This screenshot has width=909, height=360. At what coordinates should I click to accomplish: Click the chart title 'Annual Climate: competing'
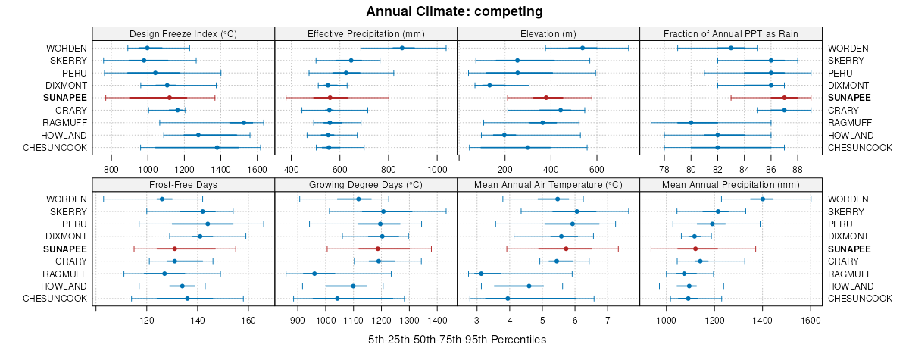tap(454, 11)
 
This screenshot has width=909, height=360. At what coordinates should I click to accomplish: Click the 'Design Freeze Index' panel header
tap(183, 33)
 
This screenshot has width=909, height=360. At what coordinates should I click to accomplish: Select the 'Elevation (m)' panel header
tap(548, 33)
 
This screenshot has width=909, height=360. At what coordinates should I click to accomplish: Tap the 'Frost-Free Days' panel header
tap(183, 184)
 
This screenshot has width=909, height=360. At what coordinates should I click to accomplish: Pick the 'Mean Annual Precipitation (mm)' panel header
tap(731, 184)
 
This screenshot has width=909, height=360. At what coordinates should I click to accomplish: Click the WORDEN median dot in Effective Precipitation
tap(402, 48)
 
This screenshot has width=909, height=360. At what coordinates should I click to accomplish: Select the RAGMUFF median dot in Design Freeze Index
tap(243, 123)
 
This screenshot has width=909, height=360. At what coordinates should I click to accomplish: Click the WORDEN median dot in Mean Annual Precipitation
tap(763, 199)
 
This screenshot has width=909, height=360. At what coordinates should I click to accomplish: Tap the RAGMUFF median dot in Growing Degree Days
tap(314, 274)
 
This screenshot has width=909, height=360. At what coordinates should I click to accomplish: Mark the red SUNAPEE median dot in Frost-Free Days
tap(175, 249)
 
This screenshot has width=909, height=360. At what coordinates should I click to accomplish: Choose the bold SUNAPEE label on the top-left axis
tap(65, 98)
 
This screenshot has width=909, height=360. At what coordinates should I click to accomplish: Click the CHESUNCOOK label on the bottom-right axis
tap(860, 299)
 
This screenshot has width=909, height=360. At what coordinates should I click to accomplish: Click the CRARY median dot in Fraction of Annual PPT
tap(784, 110)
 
